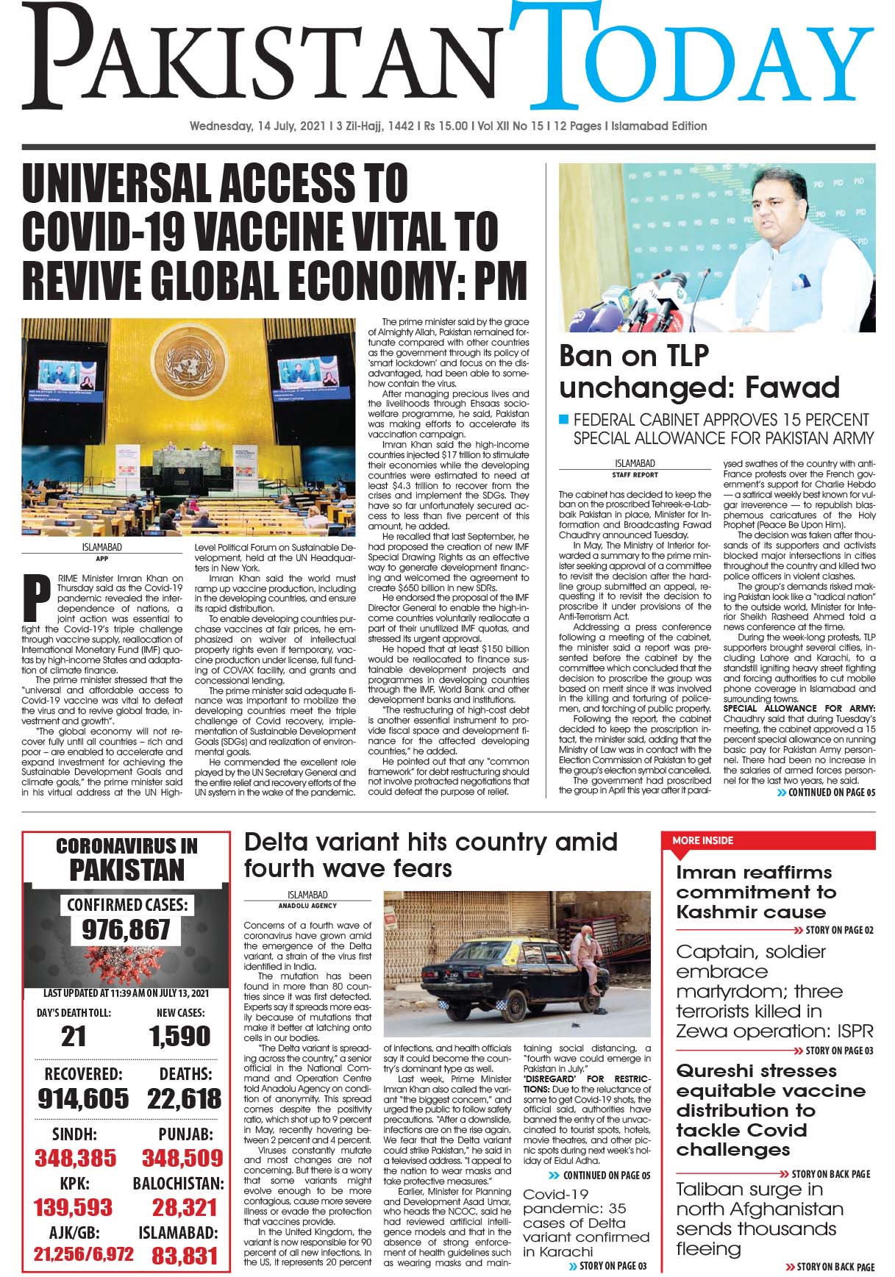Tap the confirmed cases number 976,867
(x=126, y=930)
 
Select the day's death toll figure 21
(x=74, y=1037)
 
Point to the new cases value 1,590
(x=180, y=1037)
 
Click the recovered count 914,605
(x=83, y=1099)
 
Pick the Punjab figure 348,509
(x=182, y=1159)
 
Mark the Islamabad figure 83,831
(x=185, y=1256)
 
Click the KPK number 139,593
(x=73, y=1207)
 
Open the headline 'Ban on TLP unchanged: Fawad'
(x=699, y=371)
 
